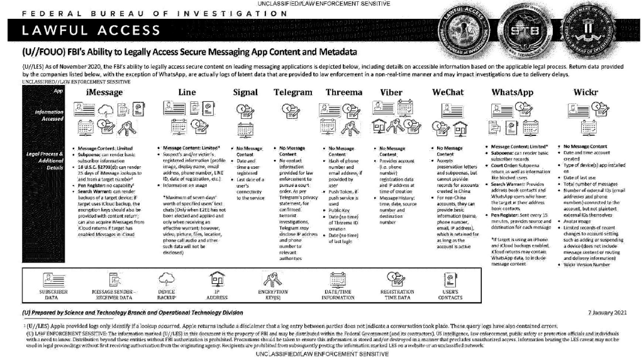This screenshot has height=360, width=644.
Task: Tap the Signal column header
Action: pyautogui.click(x=245, y=92)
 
